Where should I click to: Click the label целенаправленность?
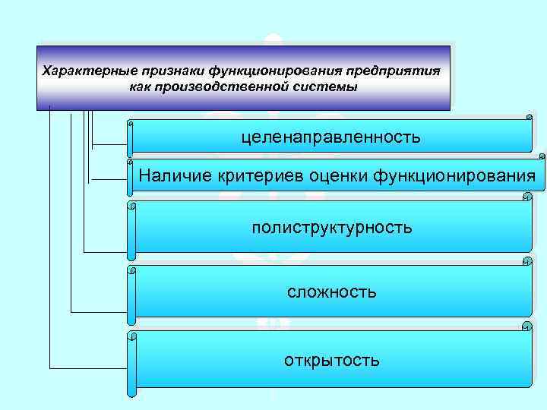(330, 137)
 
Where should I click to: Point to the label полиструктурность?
(332, 227)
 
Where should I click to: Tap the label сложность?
(331, 292)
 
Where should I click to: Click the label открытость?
(331, 359)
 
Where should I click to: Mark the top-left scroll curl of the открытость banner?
(132, 335)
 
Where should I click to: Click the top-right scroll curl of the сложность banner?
(527, 262)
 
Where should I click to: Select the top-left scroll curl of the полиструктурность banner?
(132, 204)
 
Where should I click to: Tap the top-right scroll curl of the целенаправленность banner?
(529, 117)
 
